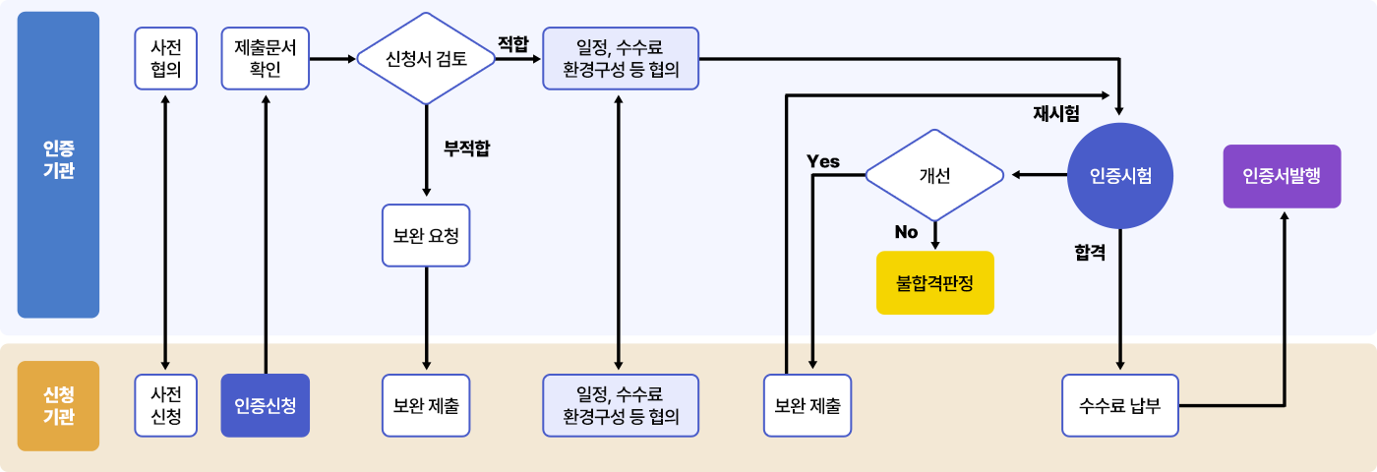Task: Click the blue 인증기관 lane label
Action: click(x=58, y=164)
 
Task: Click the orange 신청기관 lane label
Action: click(x=58, y=405)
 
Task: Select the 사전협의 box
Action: click(x=165, y=59)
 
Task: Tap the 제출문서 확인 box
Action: click(x=266, y=59)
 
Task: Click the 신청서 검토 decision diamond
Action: click(x=425, y=59)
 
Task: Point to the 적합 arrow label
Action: click(x=512, y=43)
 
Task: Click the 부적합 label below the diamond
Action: click(x=466, y=149)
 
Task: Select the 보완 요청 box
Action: click(x=426, y=235)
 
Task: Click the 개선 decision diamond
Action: click(x=934, y=175)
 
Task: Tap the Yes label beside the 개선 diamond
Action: click(x=823, y=161)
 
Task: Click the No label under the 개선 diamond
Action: click(x=906, y=232)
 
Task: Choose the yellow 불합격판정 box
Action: click(x=934, y=282)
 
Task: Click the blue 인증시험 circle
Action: click(x=1120, y=175)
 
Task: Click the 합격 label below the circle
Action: click(x=1090, y=253)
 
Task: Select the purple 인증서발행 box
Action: click(x=1282, y=176)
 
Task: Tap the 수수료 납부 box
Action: click(x=1120, y=404)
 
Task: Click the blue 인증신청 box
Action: click(x=266, y=404)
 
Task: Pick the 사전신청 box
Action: click(x=165, y=404)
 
